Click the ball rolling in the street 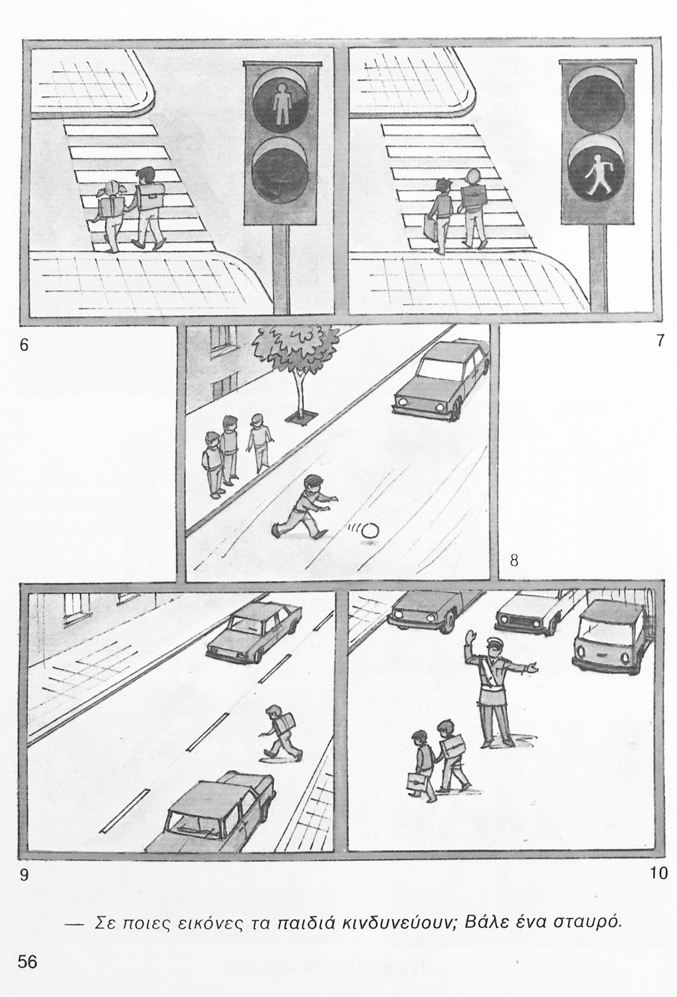point(370,530)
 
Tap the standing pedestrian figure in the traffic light point(281,102)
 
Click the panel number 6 point(23,344)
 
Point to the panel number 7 point(660,340)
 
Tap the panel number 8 point(514,561)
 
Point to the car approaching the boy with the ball point(441,378)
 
